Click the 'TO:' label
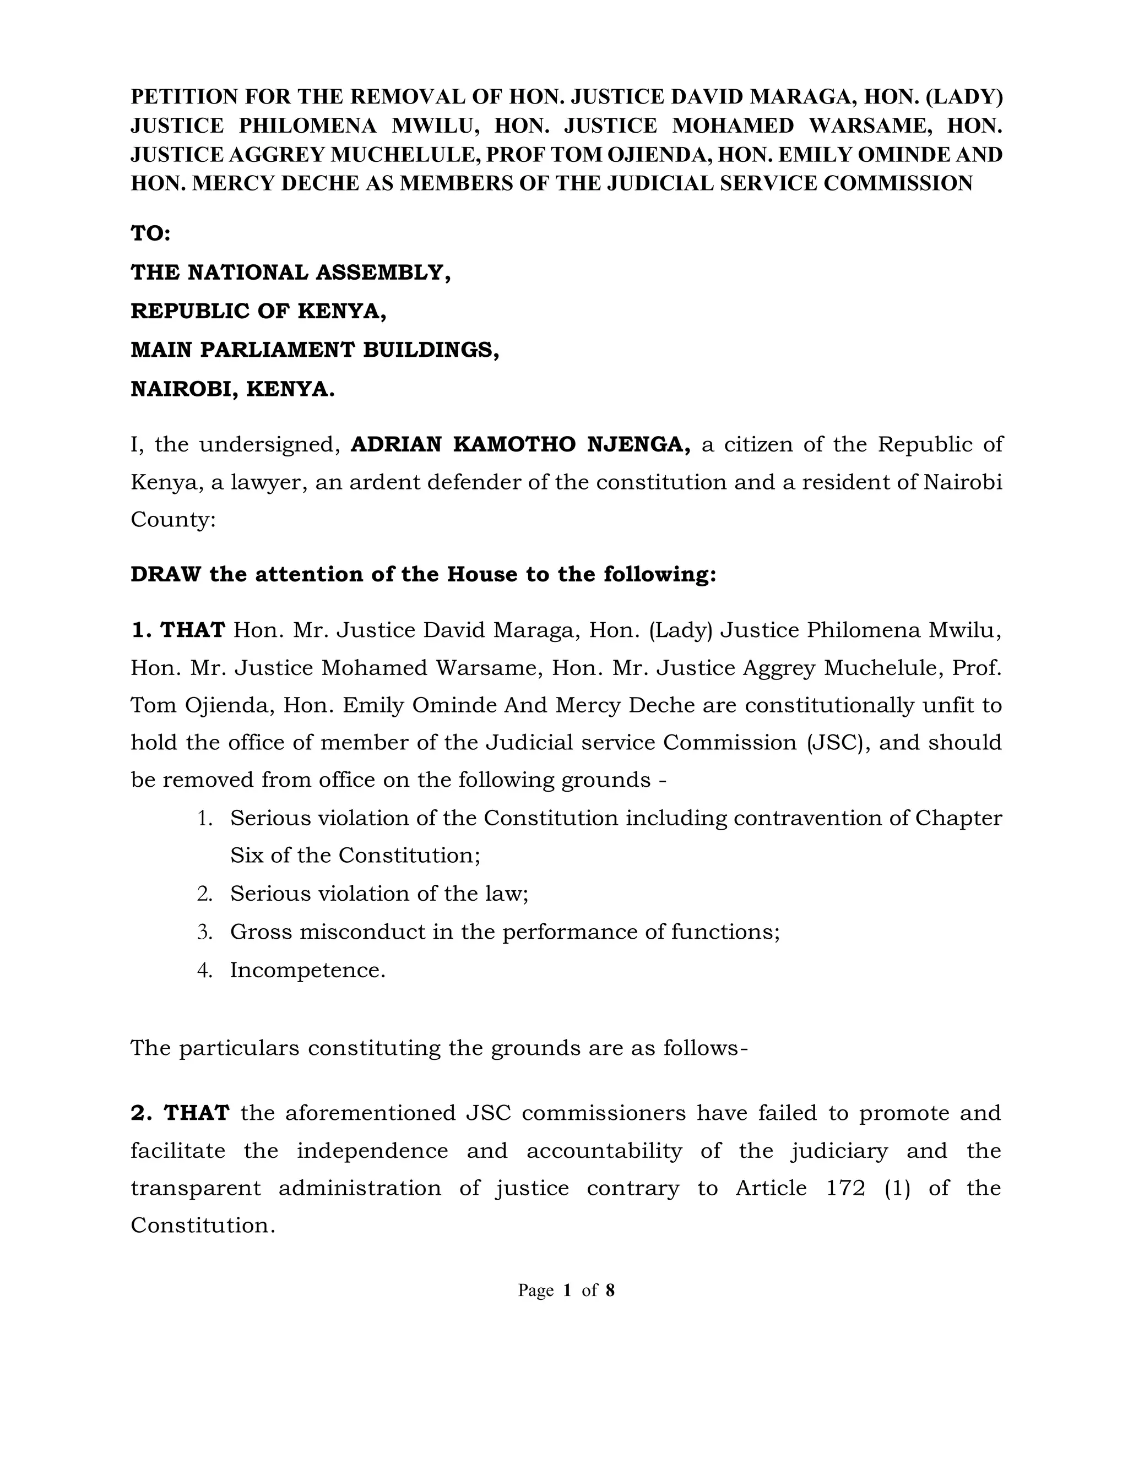150,234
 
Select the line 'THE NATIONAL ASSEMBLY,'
290,273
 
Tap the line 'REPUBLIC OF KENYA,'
258,311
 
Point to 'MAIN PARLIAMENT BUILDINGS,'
314,350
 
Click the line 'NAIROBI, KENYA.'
232,389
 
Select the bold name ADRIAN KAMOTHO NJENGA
520,444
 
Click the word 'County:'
173,519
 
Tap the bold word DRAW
165,574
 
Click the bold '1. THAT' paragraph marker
178,630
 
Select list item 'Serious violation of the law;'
379,893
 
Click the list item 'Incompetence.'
307,970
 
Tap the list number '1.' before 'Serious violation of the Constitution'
205,818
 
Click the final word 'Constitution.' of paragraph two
203,1225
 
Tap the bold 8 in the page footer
610,1290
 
